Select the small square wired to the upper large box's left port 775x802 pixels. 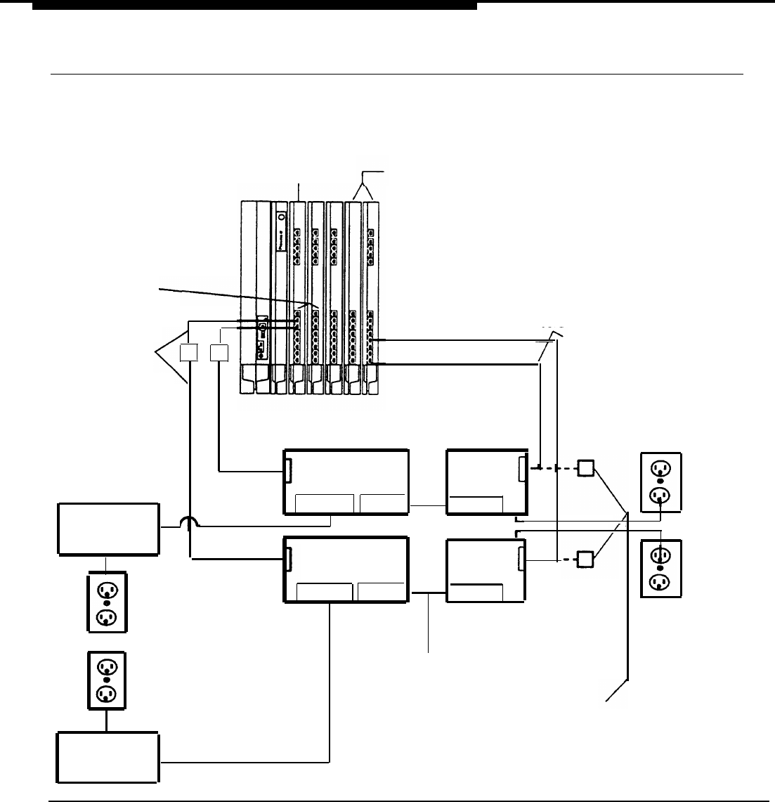[x=220, y=353]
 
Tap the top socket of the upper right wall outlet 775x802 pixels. [x=660, y=469]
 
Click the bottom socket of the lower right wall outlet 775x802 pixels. [x=660, y=582]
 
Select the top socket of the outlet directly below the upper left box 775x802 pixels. [x=106, y=589]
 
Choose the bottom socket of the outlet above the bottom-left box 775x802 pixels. [x=106, y=694]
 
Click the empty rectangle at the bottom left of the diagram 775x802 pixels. [x=107, y=757]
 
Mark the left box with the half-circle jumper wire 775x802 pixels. [x=108, y=529]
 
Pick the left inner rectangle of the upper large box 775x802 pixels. [x=325, y=505]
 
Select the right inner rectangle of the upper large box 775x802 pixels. [x=383, y=504]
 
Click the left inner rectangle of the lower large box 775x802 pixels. [x=325, y=592]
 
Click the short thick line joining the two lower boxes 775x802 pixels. [x=429, y=593]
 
